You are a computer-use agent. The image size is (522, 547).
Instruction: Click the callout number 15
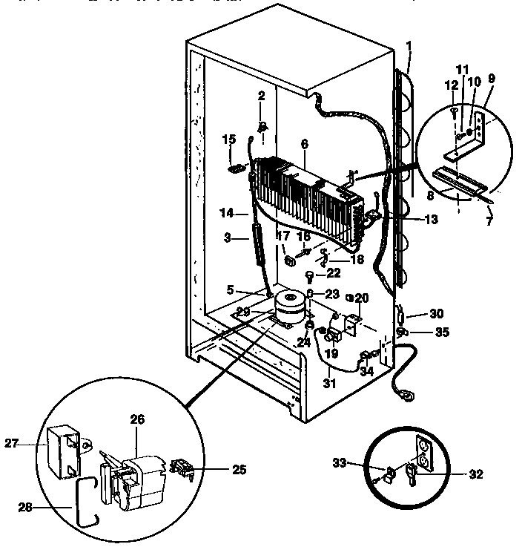pyautogui.click(x=229, y=139)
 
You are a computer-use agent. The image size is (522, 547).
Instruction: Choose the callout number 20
pyautogui.click(x=362, y=298)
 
